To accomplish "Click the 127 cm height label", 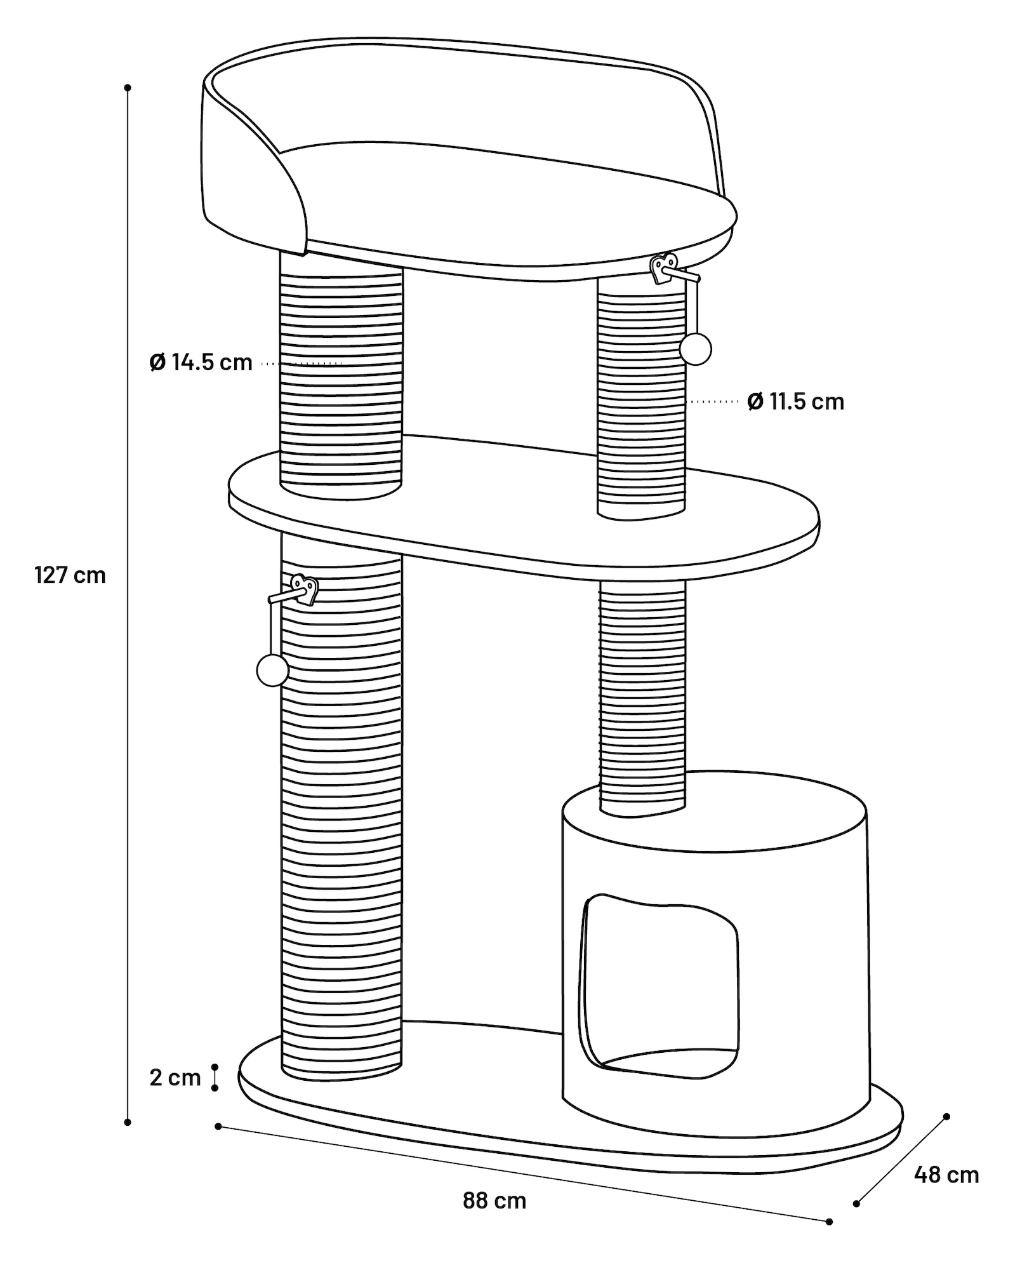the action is (x=70, y=575).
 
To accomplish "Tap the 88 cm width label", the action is (x=494, y=1201).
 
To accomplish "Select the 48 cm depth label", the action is (x=946, y=1175).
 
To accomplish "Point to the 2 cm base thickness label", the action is (x=175, y=1078).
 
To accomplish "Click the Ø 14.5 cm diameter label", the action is (x=201, y=363).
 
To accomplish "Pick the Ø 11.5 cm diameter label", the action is (x=796, y=401).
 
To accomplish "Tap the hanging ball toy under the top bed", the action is (x=695, y=349).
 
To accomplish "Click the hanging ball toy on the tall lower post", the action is (x=272, y=670).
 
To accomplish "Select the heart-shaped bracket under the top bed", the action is (x=665, y=268).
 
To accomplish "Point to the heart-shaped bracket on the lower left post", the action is (x=305, y=589).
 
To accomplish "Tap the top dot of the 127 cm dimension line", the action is (x=128, y=88).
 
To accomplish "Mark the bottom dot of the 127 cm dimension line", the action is (x=128, y=1123).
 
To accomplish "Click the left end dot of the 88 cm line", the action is (x=218, y=1126).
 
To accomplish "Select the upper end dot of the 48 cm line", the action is (x=946, y=1116).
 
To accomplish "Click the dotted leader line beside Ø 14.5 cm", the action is (x=302, y=364).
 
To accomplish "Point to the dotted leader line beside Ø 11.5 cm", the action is (x=714, y=402).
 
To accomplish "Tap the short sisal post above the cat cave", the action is (x=642, y=698).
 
